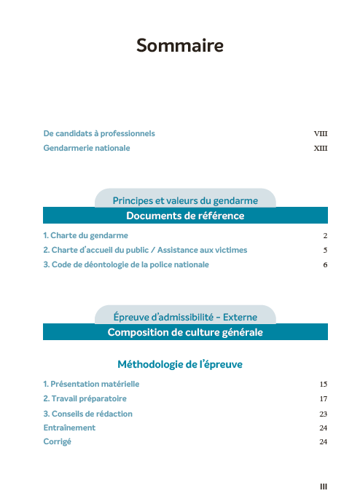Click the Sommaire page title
(179, 46)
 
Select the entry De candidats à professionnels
(99, 134)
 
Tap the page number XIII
(321, 149)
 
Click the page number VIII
(321, 134)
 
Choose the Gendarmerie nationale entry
(87, 148)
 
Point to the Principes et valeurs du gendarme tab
(185, 200)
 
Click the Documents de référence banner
(185, 216)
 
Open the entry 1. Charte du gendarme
(85, 236)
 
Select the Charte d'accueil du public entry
(145, 250)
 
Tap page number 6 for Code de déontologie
(325, 265)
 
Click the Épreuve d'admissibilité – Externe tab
(185, 317)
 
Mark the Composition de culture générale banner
(185, 332)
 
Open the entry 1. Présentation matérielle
(91, 384)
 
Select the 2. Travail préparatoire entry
(85, 399)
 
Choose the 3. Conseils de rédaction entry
(87, 414)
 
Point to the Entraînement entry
(69, 428)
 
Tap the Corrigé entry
(58, 442)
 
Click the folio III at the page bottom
(324, 486)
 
